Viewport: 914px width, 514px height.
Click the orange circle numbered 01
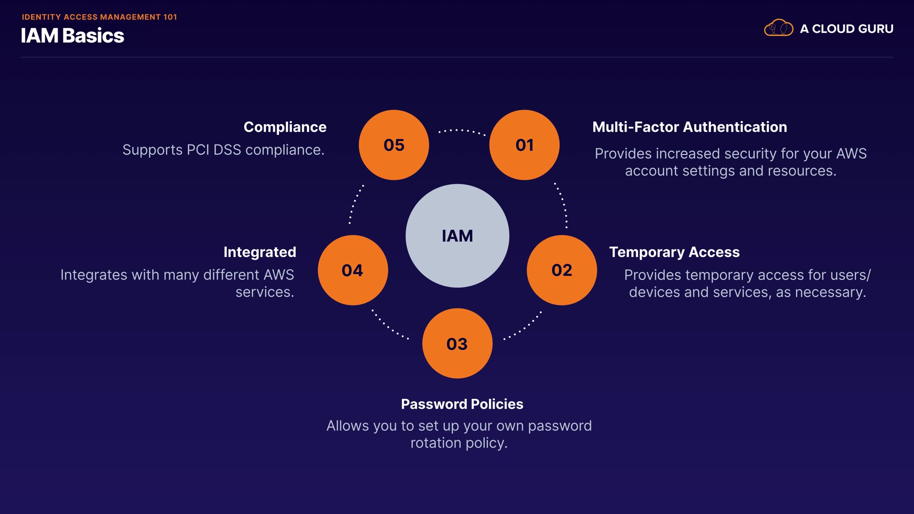coord(524,145)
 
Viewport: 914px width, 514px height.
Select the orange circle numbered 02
coord(562,270)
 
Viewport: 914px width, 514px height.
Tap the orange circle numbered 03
coord(457,343)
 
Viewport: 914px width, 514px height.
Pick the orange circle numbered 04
coord(353,270)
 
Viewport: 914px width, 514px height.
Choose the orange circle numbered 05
coord(394,145)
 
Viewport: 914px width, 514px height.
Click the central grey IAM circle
coord(457,236)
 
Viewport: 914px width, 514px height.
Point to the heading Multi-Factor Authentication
coord(689,127)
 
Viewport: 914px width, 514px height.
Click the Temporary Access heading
coord(674,252)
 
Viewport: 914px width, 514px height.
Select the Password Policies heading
coord(462,404)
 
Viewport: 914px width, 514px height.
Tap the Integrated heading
coord(259,252)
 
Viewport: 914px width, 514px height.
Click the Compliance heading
coord(285,127)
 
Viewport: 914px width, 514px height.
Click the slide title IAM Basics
coord(72,36)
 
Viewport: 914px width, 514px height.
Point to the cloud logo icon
coord(778,28)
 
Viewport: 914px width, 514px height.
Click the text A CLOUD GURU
coord(846,29)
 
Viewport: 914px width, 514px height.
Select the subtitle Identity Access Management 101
coord(99,17)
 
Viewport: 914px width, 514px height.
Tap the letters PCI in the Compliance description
coord(198,150)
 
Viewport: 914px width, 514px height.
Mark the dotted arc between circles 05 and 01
coord(461,130)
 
